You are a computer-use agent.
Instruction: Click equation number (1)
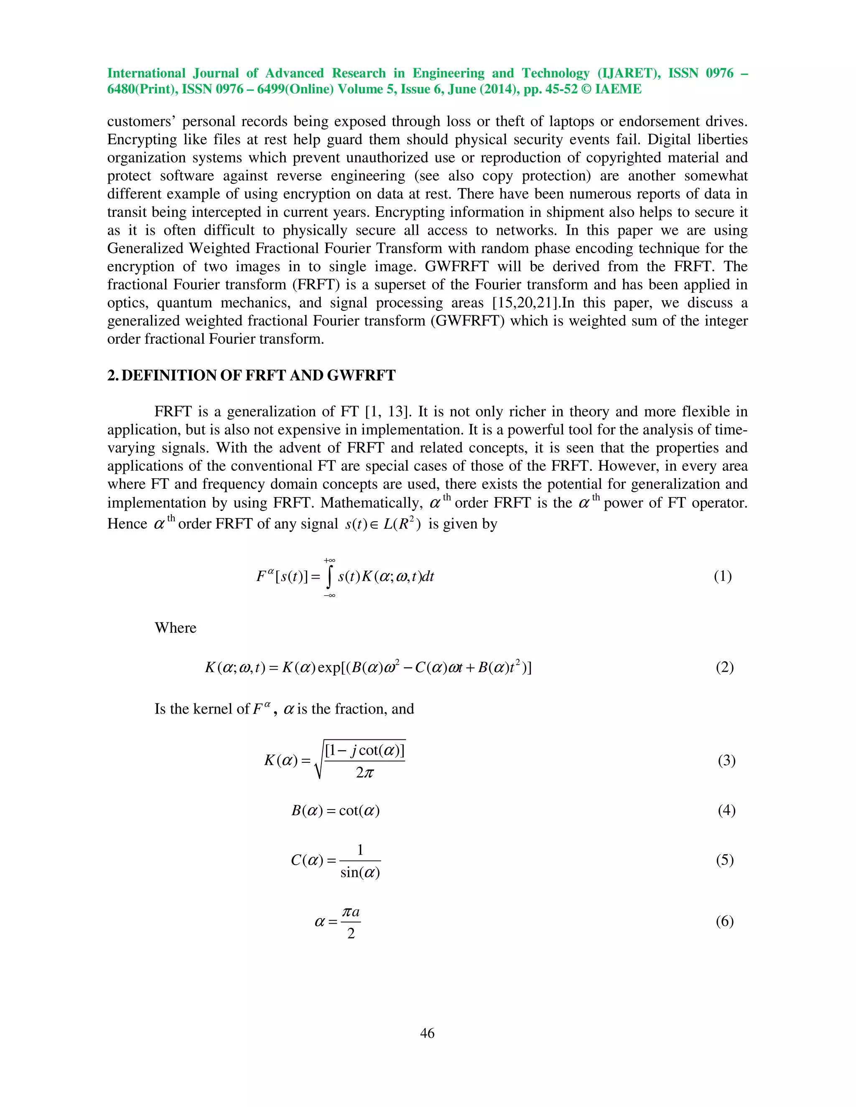click(x=723, y=576)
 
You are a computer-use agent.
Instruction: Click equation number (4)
click(x=726, y=810)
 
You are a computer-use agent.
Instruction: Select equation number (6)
click(x=725, y=921)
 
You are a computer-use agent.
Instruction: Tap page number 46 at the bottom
click(x=428, y=1033)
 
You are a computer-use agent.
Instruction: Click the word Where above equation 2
click(x=175, y=627)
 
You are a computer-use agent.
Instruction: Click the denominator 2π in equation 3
click(x=364, y=772)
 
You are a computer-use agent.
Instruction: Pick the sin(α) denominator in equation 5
click(x=360, y=872)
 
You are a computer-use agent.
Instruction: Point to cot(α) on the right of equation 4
click(x=359, y=810)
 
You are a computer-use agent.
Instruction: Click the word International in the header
click(x=146, y=74)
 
